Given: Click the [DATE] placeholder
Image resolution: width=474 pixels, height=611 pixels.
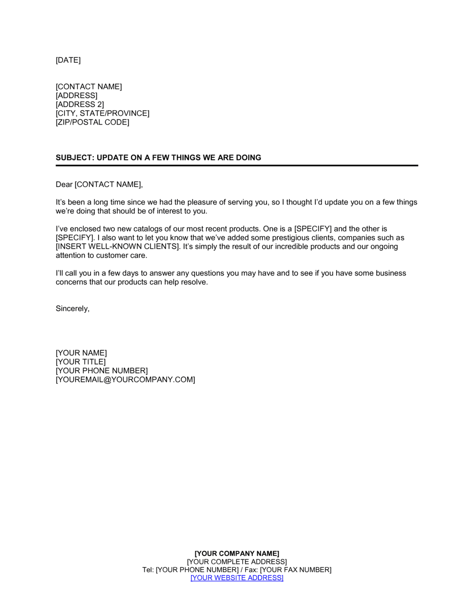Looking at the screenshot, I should pyautogui.click(x=68, y=60).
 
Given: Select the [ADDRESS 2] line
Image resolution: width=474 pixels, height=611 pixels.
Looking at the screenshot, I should pyautogui.click(x=80, y=105).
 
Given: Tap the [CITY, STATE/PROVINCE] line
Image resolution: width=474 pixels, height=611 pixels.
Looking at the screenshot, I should pyautogui.click(x=102, y=114).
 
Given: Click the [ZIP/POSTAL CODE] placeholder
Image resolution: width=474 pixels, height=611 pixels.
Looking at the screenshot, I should pyautogui.click(x=92, y=123).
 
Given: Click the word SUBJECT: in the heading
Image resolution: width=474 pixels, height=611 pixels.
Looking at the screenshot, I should pyautogui.click(x=74, y=158).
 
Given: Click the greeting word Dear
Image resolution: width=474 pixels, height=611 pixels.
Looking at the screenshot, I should pyautogui.click(x=64, y=185).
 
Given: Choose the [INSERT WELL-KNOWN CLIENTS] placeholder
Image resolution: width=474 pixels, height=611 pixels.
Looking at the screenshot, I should pyautogui.click(x=118, y=247).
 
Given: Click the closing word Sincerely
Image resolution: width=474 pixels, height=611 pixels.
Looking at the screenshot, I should pyautogui.click(x=72, y=309).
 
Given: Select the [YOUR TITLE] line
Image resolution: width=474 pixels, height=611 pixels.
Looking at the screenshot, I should pyautogui.click(x=81, y=362).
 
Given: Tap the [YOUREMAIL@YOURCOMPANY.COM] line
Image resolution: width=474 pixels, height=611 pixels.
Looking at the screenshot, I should pyautogui.click(x=125, y=380).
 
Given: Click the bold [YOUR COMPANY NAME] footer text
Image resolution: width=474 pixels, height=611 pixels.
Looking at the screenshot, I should pyautogui.click(x=237, y=554).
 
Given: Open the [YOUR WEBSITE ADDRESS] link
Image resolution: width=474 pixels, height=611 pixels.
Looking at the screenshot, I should pyautogui.click(x=237, y=578).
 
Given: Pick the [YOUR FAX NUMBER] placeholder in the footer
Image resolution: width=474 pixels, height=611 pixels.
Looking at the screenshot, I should pyautogui.click(x=296, y=570).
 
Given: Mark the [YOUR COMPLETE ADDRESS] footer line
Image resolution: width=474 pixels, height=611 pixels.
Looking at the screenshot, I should pyautogui.click(x=237, y=562).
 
